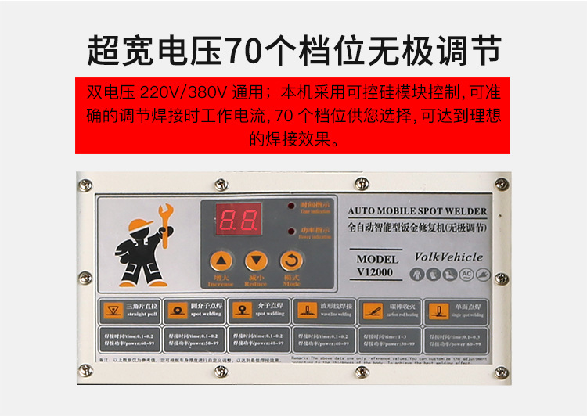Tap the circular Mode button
tap(291, 261)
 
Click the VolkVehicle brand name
tap(448, 257)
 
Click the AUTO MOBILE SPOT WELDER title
tap(417, 211)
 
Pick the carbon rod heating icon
tap(372, 311)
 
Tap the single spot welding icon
tap(438, 311)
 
